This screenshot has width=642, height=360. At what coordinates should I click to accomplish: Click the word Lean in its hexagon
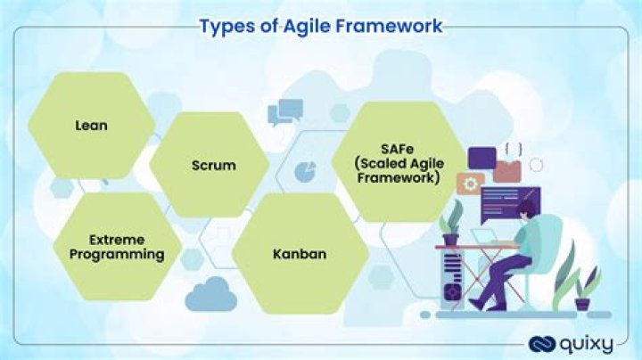coord(91,126)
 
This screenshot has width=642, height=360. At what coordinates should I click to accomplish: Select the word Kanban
coord(299,254)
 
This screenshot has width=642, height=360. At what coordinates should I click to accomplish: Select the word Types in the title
coord(226,26)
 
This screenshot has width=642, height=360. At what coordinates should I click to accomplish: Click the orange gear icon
coord(467,184)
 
